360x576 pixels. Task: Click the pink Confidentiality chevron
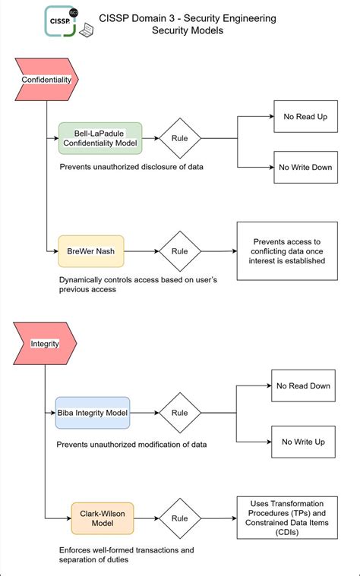pos(45,79)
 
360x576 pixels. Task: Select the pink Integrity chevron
pos(45,343)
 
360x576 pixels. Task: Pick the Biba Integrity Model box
pos(93,413)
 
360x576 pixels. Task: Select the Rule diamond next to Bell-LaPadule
pos(180,138)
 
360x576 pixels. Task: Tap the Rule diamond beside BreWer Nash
pos(180,251)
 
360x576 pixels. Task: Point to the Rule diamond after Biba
pos(180,413)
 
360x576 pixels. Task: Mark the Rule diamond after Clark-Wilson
pos(180,518)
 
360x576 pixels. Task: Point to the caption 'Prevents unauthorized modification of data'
pos(132,444)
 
